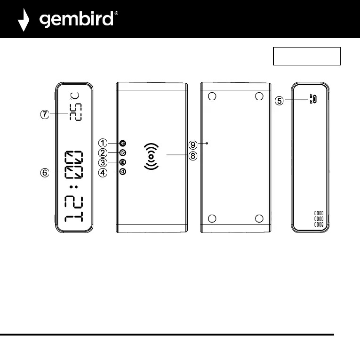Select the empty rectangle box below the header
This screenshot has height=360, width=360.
point(306,56)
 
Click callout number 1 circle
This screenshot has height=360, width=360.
point(102,143)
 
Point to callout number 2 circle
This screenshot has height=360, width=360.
point(102,152)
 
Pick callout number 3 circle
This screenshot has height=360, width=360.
point(102,162)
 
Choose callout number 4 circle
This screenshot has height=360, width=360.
point(102,172)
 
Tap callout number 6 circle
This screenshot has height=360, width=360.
point(44,173)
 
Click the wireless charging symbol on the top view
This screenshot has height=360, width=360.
point(150,156)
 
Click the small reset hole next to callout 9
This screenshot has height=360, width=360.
point(207,143)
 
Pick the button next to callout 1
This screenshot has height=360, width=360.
point(122,143)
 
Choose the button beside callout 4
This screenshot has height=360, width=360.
point(122,172)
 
